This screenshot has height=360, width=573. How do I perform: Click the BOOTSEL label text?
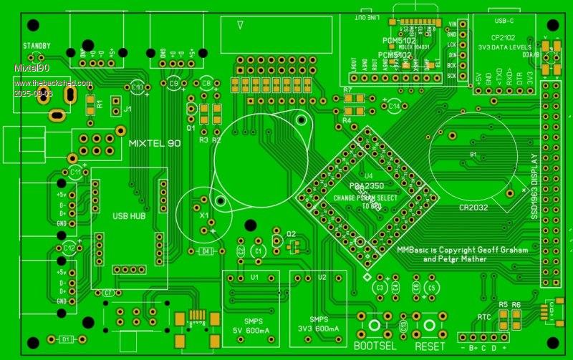click(x=377, y=344)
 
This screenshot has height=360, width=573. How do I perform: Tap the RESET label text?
click(x=430, y=344)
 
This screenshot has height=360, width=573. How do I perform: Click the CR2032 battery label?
click(x=474, y=208)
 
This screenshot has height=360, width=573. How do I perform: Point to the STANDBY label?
click(x=37, y=46)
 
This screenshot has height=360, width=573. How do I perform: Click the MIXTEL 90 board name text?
click(x=154, y=143)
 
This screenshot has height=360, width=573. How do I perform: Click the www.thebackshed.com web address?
click(x=53, y=84)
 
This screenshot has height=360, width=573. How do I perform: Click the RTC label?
click(x=483, y=316)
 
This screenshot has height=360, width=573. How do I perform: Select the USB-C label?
click(x=505, y=21)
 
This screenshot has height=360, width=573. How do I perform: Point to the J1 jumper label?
click(x=127, y=110)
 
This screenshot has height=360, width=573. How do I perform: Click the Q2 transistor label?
click(x=291, y=234)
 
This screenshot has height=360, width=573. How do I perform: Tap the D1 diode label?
click(x=65, y=339)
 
